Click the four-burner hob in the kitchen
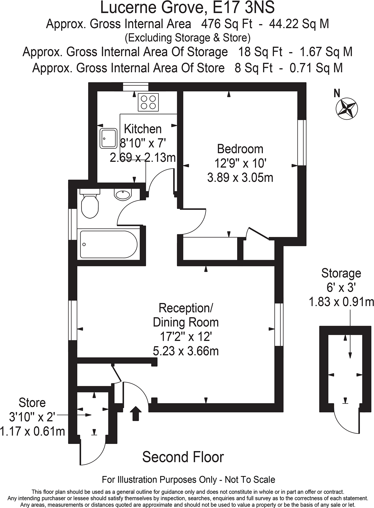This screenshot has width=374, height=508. pyautogui.click(x=148, y=102)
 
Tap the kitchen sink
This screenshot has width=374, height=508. pyautogui.click(x=108, y=138)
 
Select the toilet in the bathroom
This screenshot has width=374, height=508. pyautogui.click(x=90, y=205)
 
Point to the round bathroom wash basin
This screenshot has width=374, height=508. pyautogui.click(x=123, y=194)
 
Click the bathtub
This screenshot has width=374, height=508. pyautogui.click(x=108, y=244)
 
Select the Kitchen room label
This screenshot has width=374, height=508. pyautogui.click(x=143, y=129)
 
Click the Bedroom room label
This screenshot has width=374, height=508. pyautogui.click(x=240, y=149)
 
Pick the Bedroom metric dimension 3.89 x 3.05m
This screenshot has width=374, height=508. pyautogui.click(x=240, y=177)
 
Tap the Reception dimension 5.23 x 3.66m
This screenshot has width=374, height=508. pyautogui.click(x=186, y=351)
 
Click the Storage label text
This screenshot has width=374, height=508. pyautogui.click(x=341, y=274)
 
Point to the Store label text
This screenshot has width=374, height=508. pyautogui.click(x=32, y=402)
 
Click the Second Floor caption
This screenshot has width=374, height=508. pyautogui.click(x=183, y=457)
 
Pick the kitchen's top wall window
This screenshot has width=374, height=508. pyautogui.click(x=136, y=87)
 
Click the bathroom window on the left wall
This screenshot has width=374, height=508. pyautogui.click(x=73, y=224)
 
